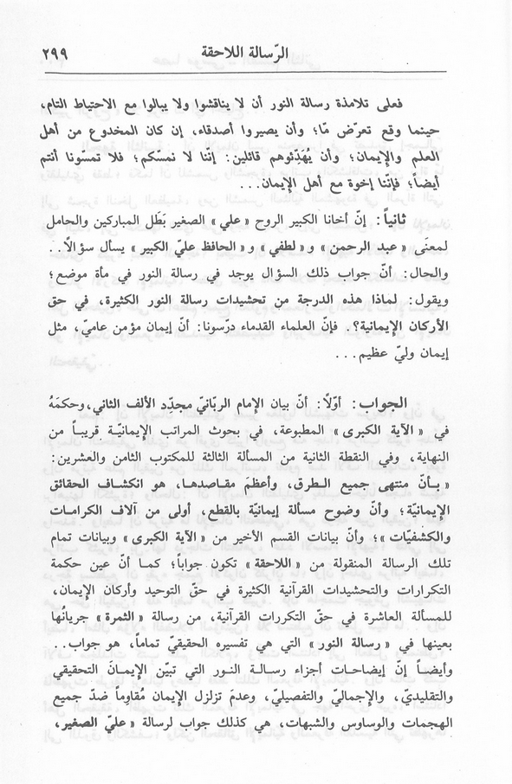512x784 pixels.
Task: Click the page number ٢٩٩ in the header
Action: (55, 52)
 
